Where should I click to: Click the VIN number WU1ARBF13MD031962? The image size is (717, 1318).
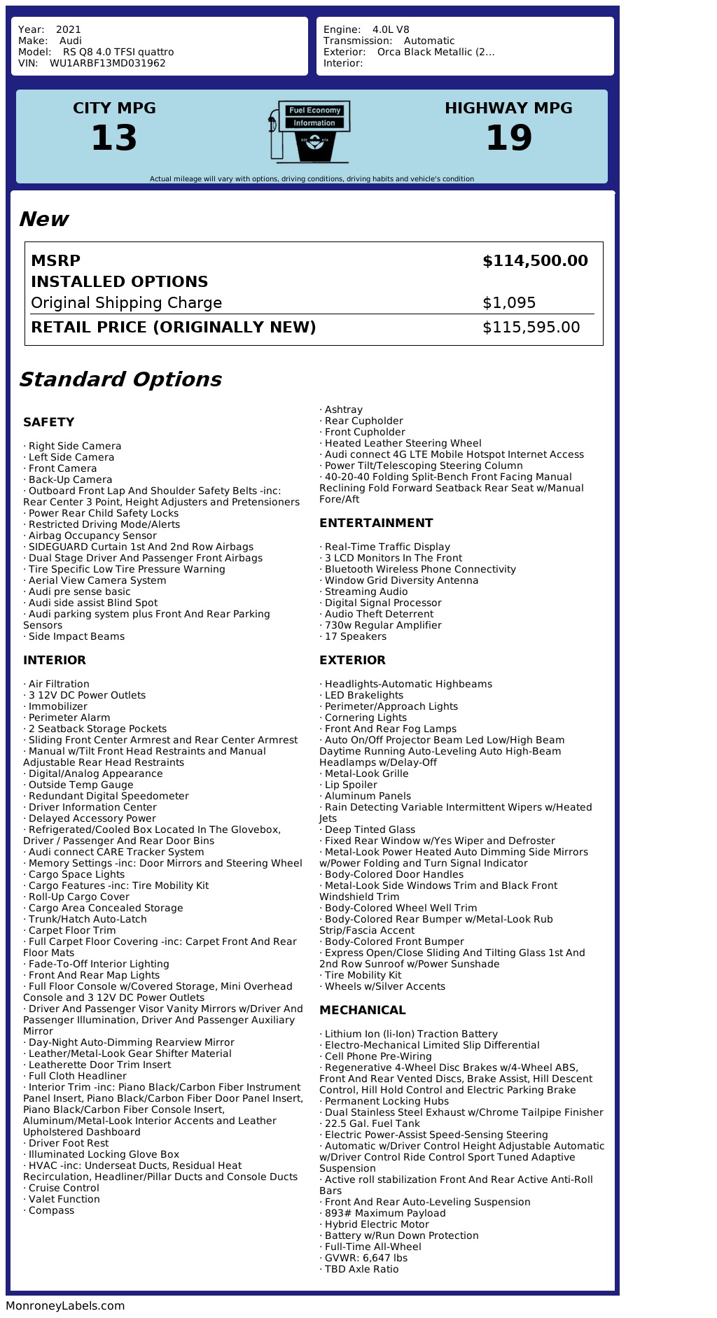pos(107,63)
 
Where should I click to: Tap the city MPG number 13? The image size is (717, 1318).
pos(114,138)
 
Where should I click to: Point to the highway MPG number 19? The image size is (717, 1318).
pos(508,138)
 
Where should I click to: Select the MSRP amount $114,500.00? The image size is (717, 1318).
pos(535,261)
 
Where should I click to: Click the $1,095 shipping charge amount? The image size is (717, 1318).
pos(509,303)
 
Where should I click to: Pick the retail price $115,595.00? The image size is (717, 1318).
pos(531,328)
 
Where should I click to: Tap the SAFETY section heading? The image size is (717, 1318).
pos(48,422)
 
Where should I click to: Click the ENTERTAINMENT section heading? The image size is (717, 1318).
pos(376,523)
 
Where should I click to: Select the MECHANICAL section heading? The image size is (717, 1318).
pos(362,1010)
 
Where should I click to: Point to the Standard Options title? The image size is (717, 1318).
pos(120,379)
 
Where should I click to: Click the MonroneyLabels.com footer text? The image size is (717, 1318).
pos(65,1305)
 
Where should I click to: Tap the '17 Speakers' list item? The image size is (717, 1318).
pos(355,636)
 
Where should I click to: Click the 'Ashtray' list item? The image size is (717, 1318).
pos(343,409)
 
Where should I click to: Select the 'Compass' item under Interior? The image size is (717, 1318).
pos(50,1210)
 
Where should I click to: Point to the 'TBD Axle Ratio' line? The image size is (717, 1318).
pos(361,1269)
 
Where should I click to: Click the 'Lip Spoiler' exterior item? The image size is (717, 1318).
pos(350,785)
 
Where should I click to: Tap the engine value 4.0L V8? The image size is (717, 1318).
pos(391,29)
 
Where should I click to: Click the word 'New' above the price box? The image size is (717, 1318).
pos(43,219)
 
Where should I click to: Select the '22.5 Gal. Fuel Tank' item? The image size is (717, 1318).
pos(372,1123)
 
